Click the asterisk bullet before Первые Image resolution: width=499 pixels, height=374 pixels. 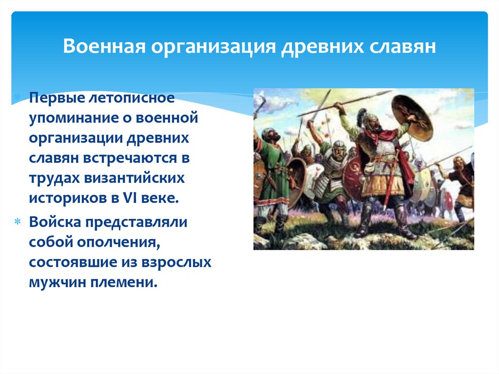tap(18, 97)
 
